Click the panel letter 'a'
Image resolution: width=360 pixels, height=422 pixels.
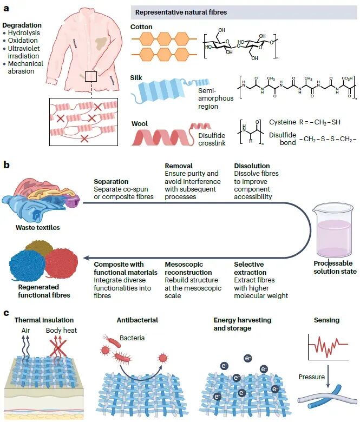[x=6, y=7]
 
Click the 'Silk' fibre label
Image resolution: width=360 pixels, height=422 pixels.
[x=137, y=77]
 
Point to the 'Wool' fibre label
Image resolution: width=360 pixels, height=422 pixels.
[x=140, y=124]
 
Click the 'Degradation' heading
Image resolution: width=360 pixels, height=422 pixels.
[x=22, y=25]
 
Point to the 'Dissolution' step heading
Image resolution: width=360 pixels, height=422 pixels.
[x=252, y=166]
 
